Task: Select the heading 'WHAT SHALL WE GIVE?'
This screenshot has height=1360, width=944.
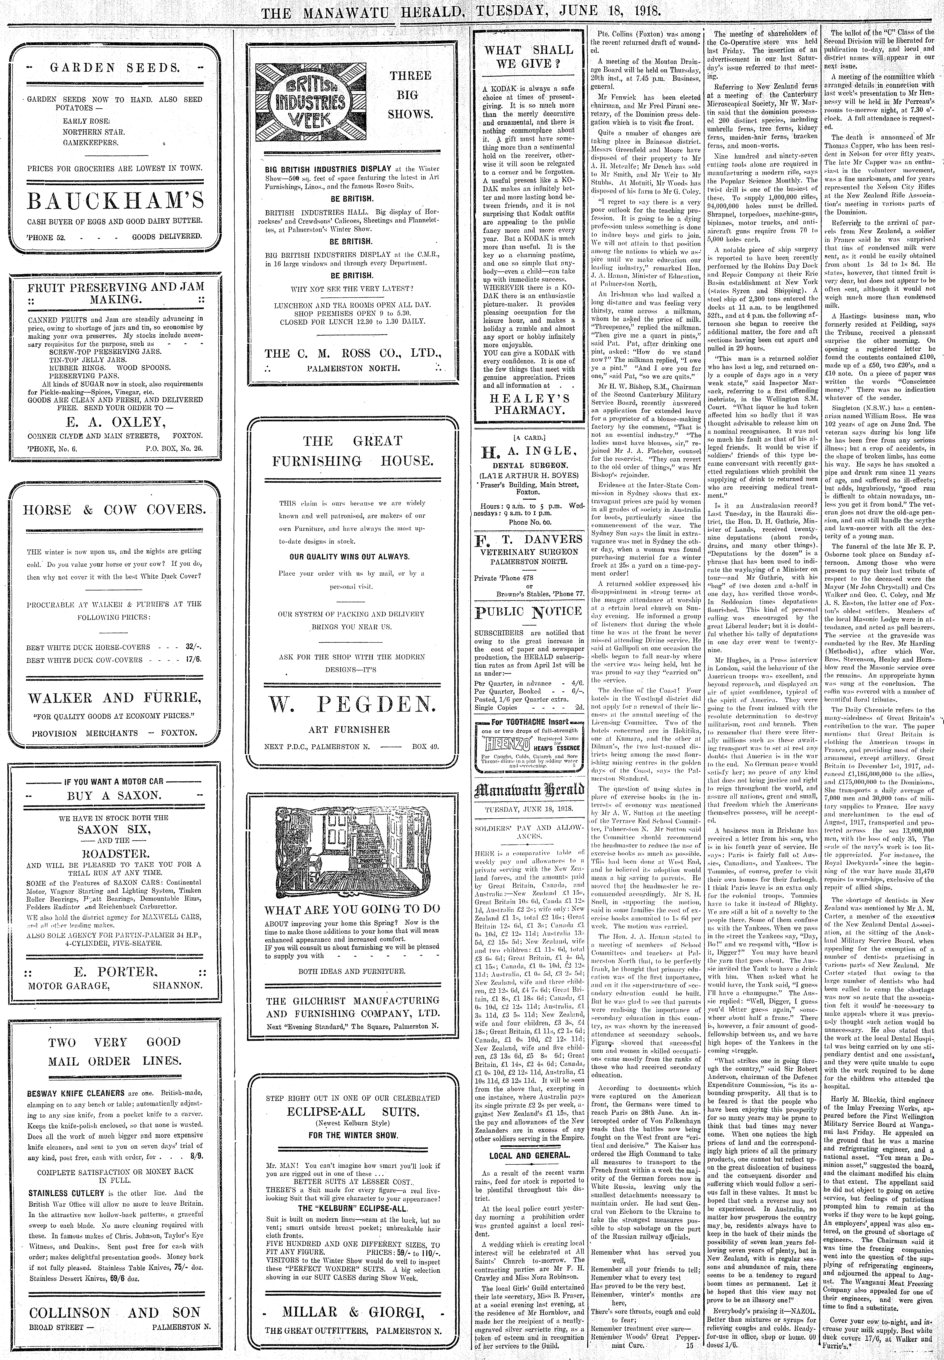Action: tap(529, 57)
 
